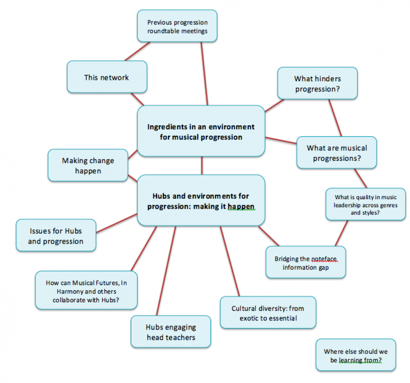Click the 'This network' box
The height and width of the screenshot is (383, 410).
coord(107,77)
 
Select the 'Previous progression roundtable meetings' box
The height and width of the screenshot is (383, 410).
coord(177,26)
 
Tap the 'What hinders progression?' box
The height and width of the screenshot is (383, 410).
coord(318,83)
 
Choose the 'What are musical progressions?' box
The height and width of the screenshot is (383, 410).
coord(336,153)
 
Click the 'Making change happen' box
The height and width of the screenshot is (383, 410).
coord(88,165)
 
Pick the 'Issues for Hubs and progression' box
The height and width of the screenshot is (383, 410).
coord(56,235)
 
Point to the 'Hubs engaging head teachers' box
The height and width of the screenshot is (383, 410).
coord(171,331)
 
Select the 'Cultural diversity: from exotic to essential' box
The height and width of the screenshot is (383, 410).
coord(268,313)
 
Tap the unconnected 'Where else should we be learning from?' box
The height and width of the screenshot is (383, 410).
coord(356,355)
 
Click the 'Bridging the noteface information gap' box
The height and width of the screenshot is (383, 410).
coord(306,262)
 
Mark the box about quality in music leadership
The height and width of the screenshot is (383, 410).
coord(366,204)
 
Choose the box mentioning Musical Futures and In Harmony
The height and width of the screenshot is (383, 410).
coord(86,290)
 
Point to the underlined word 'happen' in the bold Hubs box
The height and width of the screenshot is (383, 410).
coord(241,207)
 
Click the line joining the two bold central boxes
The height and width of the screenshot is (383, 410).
coord(202,165)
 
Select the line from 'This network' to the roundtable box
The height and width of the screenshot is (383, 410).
coord(137,52)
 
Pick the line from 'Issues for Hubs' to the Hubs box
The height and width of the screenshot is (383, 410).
coord(117,223)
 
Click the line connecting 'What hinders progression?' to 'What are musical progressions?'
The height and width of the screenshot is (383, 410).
coord(335,118)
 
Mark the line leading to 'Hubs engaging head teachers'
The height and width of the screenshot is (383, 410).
coord(166,271)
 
